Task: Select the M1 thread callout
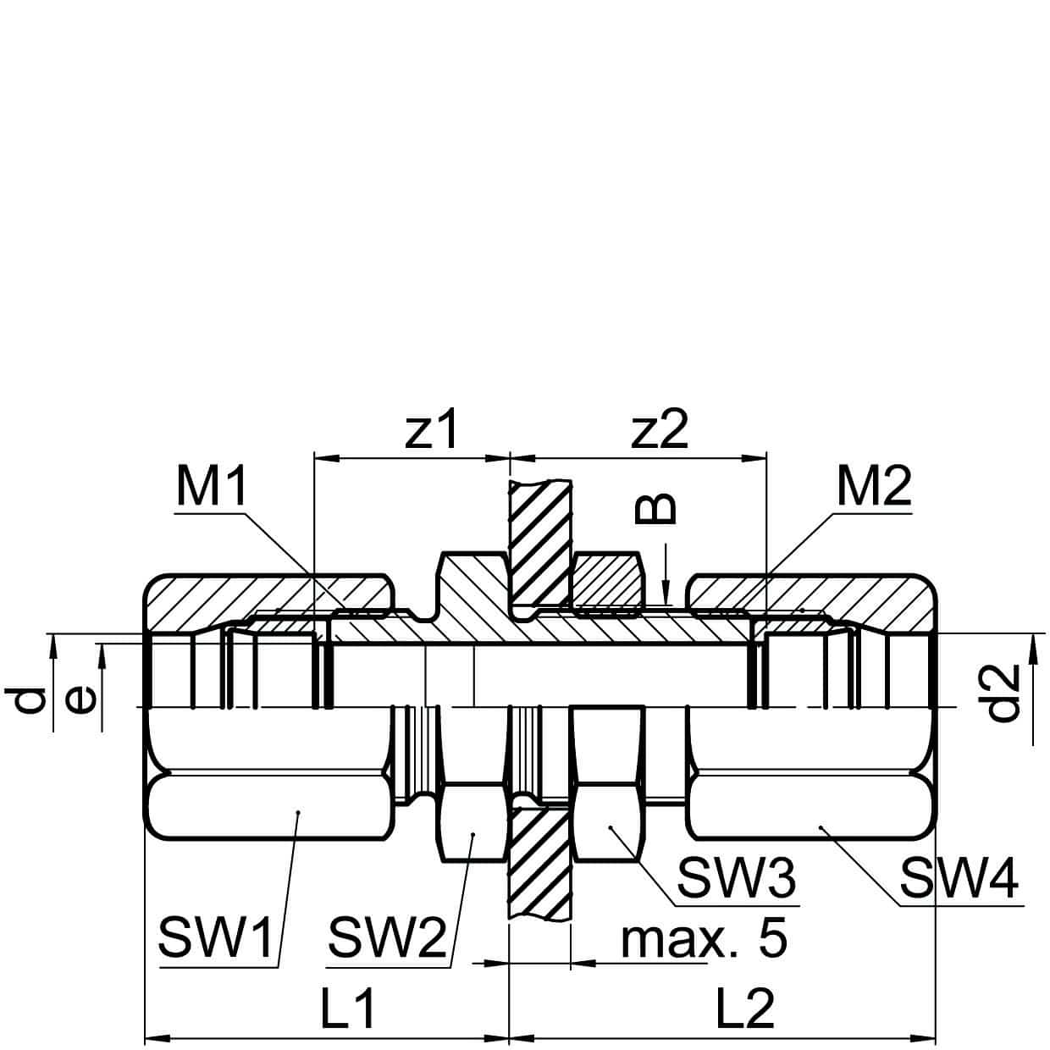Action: [x=212, y=487]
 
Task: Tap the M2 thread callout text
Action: [x=874, y=487]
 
